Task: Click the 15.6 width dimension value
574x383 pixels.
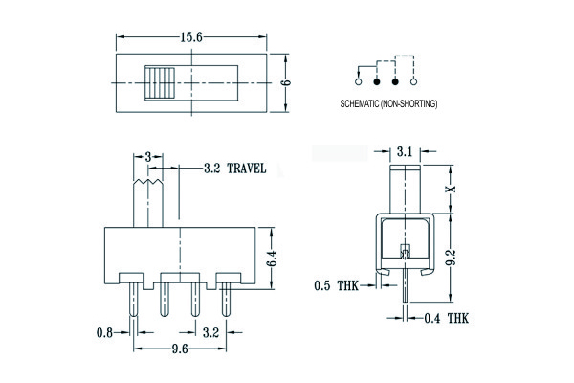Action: [191, 37]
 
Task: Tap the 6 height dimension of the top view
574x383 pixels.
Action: [286, 82]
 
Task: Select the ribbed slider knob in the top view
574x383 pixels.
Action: [160, 83]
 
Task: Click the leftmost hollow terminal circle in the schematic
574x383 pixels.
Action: [358, 81]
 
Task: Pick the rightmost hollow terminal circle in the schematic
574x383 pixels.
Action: [413, 81]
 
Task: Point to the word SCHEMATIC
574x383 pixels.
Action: [360, 103]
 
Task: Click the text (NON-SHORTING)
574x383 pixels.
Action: [408, 103]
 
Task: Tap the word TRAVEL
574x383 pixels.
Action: [247, 169]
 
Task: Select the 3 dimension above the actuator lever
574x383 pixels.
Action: [148, 157]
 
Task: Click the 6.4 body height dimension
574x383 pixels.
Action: [272, 259]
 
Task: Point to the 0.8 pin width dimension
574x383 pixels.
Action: [104, 332]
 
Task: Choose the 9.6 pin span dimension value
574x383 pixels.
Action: [180, 349]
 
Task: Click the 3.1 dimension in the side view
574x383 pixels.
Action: [405, 151]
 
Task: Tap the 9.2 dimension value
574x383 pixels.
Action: [452, 258]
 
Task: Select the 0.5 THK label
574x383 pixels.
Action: [336, 285]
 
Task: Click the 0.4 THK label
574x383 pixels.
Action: [446, 318]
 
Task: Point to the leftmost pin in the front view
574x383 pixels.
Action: [134, 299]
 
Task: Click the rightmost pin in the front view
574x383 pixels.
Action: [226, 299]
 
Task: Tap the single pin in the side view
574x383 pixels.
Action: [405, 284]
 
